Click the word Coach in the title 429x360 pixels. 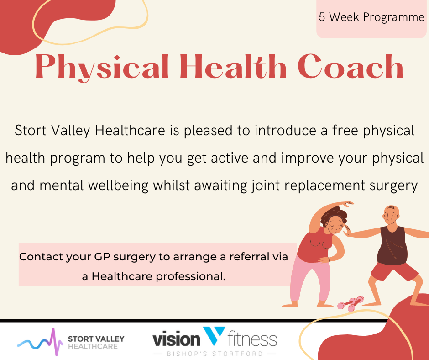click(x=351, y=67)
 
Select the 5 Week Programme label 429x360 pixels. click(x=371, y=17)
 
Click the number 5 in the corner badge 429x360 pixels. click(x=322, y=17)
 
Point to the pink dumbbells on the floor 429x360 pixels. click(x=351, y=303)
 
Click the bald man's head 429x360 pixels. click(x=391, y=216)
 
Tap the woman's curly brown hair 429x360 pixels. click(x=335, y=215)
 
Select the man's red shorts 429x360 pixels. click(x=394, y=270)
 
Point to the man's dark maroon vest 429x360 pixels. click(x=392, y=246)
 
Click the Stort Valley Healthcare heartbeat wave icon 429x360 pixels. click(x=40, y=341)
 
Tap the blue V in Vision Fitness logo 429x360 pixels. click(x=214, y=335)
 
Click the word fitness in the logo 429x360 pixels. click(x=252, y=339)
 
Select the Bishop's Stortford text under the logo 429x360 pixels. click(x=215, y=354)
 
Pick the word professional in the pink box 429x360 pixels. click(x=190, y=276)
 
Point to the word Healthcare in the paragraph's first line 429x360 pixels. click(x=130, y=130)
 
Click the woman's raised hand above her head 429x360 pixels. click(x=347, y=204)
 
